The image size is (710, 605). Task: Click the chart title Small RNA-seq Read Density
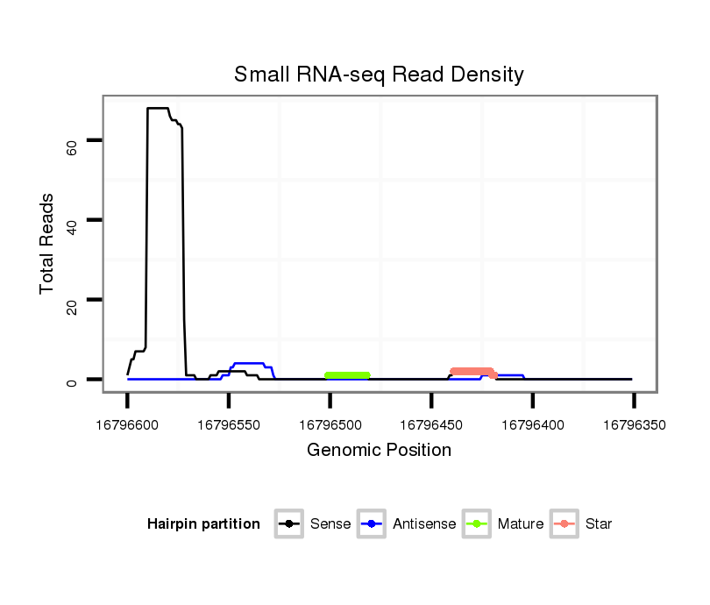tap(379, 75)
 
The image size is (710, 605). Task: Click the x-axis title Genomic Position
tap(379, 451)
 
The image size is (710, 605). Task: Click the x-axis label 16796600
tap(127, 425)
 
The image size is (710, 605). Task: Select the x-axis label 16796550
tap(229, 425)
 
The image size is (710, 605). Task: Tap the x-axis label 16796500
tap(330, 425)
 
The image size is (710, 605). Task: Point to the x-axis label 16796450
tap(431, 425)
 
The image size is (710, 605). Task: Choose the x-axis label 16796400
tap(532, 425)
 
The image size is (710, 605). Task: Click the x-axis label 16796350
tap(634, 425)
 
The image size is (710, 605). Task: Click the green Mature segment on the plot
tap(348, 375)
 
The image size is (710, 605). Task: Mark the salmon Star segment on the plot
tap(473, 372)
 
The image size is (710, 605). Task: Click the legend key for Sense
tap(289, 524)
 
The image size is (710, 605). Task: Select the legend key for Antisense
tap(373, 524)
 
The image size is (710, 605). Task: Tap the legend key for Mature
tap(477, 524)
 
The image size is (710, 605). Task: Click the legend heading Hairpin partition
tap(203, 524)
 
